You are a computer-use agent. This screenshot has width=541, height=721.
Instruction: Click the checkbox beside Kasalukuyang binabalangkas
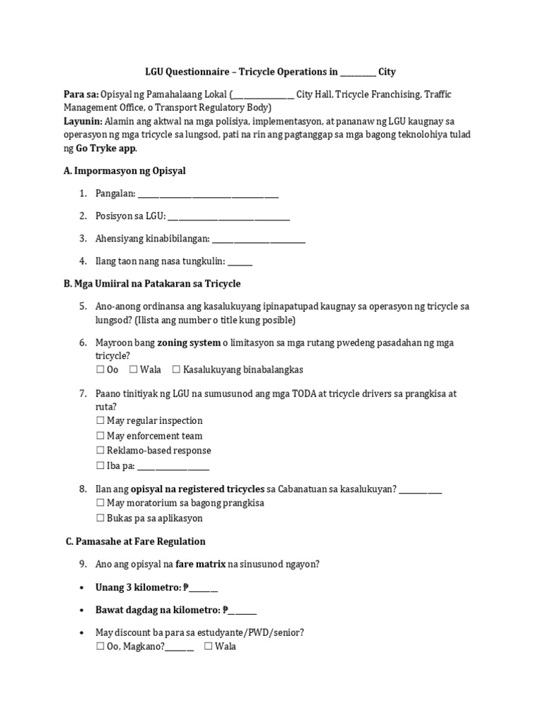click(176, 370)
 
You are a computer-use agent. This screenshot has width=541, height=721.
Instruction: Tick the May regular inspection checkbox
click(100, 421)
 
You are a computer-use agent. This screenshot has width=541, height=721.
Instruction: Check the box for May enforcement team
click(100, 437)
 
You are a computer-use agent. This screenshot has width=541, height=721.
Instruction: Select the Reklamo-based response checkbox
click(100, 451)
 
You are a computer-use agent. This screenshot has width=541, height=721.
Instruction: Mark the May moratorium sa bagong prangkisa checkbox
click(100, 503)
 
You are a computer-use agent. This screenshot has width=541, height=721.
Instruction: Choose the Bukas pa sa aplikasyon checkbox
click(100, 519)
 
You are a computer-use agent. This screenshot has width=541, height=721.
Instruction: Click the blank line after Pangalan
click(208, 196)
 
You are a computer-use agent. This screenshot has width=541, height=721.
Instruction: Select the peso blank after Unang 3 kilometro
click(204, 589)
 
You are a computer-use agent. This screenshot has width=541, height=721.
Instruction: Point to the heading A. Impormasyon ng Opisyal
click(125, 171)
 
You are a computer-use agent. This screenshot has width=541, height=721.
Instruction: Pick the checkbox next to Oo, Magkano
click(100, 646)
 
